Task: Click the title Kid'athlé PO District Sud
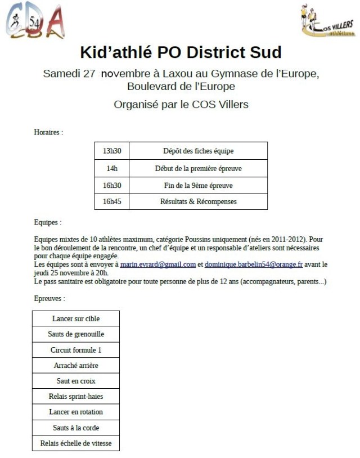181,53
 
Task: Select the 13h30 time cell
112,151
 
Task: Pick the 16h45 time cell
112,201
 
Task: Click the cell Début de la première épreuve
198,168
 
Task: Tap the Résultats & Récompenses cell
198,201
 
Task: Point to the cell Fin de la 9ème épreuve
198,185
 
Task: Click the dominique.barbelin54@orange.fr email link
254,264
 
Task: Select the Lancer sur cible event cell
76,318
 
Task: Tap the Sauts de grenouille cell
76,334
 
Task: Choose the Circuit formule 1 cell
76,350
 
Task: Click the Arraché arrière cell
76,365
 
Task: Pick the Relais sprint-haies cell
76,397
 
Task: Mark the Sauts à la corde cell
76,428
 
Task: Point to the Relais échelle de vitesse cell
76,443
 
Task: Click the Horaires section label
48,133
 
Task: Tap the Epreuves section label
49,299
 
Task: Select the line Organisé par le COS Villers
181,105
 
